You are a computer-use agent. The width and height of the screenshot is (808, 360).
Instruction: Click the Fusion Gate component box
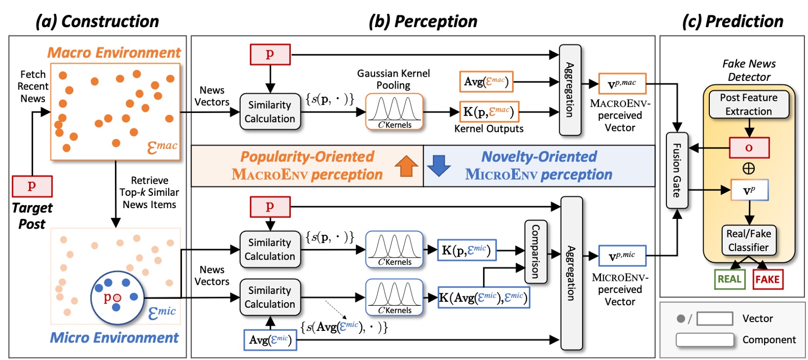tap(677, 170)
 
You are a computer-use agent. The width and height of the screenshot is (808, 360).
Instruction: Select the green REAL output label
tap(729, 279)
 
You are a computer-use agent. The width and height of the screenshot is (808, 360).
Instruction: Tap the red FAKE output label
tap(767, 279)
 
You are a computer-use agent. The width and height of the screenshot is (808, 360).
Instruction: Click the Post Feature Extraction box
tap(749, 104)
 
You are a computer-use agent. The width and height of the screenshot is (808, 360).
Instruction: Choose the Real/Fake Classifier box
tap(749, 240)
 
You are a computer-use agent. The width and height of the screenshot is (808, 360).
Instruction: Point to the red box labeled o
tap(749, 148)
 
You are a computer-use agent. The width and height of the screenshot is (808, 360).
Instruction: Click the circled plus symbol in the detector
tap(749, 168)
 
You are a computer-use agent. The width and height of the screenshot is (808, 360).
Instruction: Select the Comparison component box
tap(536, 252)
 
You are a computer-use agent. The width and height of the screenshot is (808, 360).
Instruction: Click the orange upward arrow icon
tap(406, 166)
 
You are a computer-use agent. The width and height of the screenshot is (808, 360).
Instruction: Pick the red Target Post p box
tap(32, 186)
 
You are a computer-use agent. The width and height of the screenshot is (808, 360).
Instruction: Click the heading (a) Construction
tap(97, 21)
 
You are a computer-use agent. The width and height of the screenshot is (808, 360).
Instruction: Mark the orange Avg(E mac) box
tap(486, 82)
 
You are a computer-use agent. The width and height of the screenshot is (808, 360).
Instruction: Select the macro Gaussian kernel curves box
tap(394, 111)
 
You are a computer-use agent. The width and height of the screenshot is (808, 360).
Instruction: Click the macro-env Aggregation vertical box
tap(570, 90)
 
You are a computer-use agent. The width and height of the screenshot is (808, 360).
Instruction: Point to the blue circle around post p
tap(117, 298)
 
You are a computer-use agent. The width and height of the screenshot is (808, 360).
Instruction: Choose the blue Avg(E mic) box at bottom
tap(270, 340)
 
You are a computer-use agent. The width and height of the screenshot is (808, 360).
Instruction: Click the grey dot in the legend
tap(681, 319)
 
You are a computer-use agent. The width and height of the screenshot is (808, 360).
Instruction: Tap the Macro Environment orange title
tap(114, 53)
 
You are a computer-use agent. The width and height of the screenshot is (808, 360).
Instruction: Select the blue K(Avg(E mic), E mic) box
tap(483, 298)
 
